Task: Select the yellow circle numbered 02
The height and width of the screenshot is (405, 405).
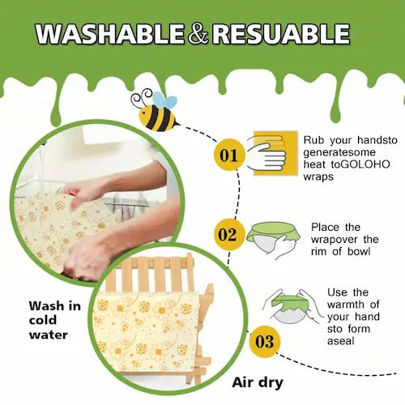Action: pyautogui.click(x=229, y=235)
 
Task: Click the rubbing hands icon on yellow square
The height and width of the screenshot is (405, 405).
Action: pyautogui.click(x=267, y=151)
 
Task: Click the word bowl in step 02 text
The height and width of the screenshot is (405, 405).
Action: pyautogui.click(x=362, y=251)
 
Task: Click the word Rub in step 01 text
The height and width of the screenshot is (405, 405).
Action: pyautogui.click(x=315, y=139)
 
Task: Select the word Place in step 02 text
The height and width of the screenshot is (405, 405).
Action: pyautogui.click(x=326, y=228)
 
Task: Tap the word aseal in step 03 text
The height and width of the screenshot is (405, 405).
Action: pyautogui.click(x=344, y=343)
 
